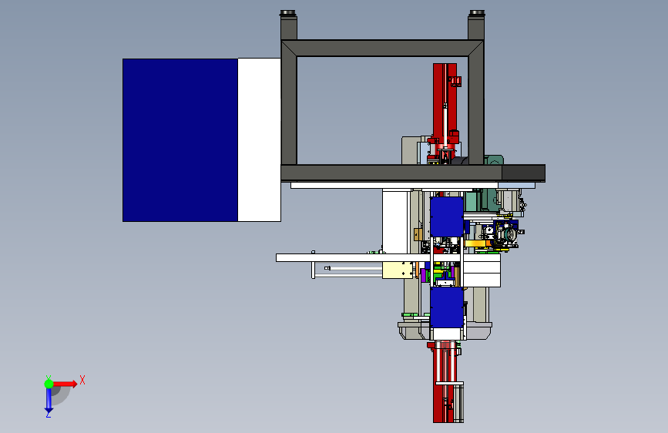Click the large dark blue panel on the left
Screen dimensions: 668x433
click(x=180, y=140)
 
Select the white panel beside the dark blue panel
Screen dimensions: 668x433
click(x=259, y=139)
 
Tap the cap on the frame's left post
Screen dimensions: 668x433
click(x=288, y=13)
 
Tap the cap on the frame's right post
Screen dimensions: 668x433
click(x=476, y=13)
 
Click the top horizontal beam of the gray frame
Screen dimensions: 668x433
click(x=382, y=49)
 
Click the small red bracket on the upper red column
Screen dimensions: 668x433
click(x=456, y=81)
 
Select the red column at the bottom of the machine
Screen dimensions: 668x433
click(x=444, y=381)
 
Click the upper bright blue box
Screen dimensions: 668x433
click(x=446, y=217)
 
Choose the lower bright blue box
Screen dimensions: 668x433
click(x=446, y=307)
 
